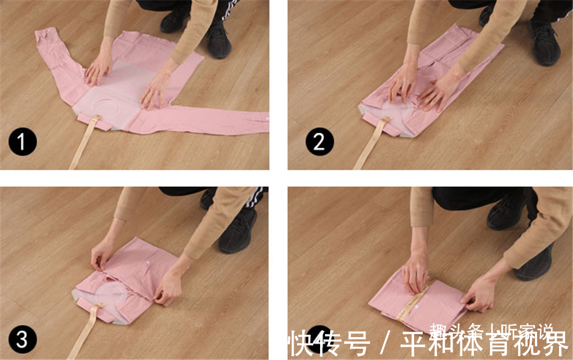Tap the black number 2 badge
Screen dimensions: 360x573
(x=319, y=142)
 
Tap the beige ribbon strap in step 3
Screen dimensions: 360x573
(x=87, y=330)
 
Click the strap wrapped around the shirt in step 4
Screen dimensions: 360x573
(x=411, y=305)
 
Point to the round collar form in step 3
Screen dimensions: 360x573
(x=112, y=294)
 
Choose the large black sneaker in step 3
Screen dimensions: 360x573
(x=238, y=230)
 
